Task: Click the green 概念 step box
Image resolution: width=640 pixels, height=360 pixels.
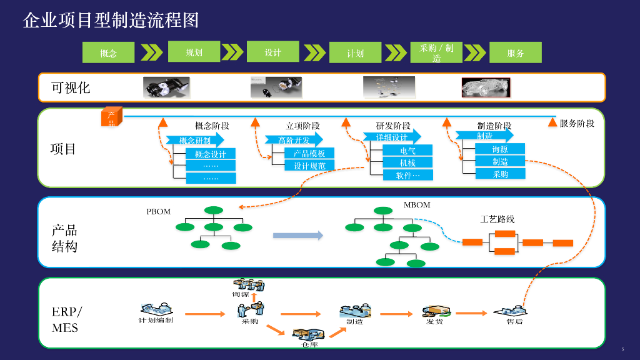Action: pos(108,53)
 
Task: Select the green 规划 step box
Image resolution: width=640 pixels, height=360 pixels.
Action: pos(194,52)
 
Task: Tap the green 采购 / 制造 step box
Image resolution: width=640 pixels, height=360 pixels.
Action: pos(436,52)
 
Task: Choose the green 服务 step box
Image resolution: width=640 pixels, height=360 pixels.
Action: pos(515,53)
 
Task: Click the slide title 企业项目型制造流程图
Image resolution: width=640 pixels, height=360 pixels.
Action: pos(111,20)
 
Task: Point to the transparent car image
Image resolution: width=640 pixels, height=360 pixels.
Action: pos(486,87)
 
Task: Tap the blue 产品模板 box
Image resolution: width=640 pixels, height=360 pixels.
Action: pos(309,153)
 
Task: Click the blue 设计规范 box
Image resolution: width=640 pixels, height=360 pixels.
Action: pos(309,166)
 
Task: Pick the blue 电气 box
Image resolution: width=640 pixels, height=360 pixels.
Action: pos(407,151)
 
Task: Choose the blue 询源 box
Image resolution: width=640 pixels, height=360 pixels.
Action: pos(500,149)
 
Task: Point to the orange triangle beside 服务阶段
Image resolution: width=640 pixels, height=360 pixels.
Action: pos(552,122)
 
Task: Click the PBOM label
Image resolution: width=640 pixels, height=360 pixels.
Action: pos(159,212)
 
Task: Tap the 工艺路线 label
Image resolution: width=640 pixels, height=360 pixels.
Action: pos(497,219)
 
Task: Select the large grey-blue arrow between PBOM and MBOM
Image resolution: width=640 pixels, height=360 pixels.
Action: pos(298,236)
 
